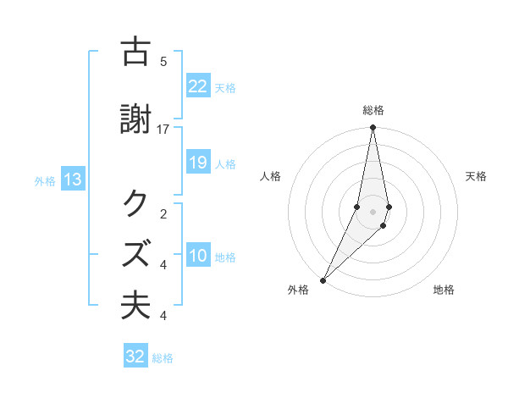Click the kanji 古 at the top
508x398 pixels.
pyautogui.click(x=136, y=53)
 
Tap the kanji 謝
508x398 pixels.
pyautogui.click(x=136, y=121)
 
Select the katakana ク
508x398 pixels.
pyautogui.click(x=136, y=204)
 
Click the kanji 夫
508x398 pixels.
pyautogui.click(x=136, y=306)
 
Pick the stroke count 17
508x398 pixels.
pyautogui.click(x=163, y=129)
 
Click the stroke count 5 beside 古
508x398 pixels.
pyautogui.click(x=163, y=61)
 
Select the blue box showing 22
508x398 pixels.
pyautogui.click(x=198, y=86)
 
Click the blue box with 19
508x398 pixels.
pyautogui.click(x=198, y=163)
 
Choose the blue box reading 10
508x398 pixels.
pyautogui.click(x=198, y=256)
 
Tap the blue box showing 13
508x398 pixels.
pyautogui.click(x=72, y=180)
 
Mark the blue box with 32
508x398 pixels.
pyautogui.click(x=135, y=357)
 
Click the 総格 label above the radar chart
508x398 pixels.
pyautogui.click(x=373, y=111)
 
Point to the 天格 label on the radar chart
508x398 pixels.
pyautogui.click(x=477, y=176)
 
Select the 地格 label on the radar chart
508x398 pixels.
pyautogui.click(x=444, y=290)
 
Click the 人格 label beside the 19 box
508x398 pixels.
pyautogui.click(x=225, y=163)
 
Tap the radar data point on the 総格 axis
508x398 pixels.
pyautogui.click(x=373, y=128)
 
